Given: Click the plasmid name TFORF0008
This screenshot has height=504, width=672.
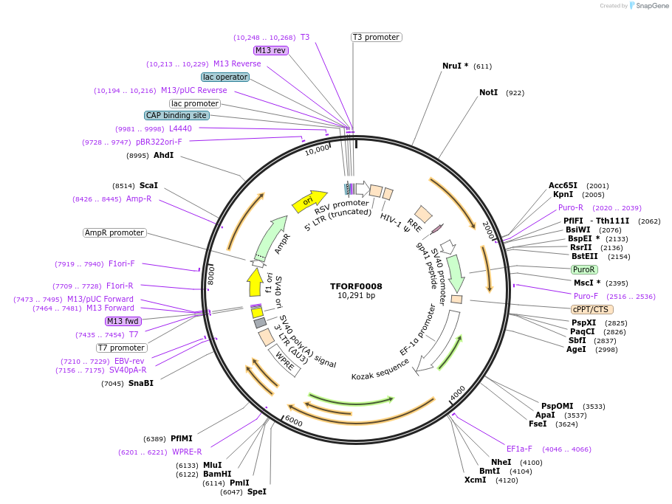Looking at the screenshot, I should [356, 286].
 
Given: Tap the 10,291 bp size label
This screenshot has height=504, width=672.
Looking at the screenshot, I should [356, 296].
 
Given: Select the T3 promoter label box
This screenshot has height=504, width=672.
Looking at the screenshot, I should [376, 37].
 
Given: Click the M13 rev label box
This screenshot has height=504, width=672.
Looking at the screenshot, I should [270, 50].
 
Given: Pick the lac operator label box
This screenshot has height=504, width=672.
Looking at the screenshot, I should [225, 77].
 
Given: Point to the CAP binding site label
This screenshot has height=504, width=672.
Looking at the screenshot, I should [176, 115].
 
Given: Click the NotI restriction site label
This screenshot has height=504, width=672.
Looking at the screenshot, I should [488, 93].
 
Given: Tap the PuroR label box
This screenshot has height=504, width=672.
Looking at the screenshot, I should [584, 270].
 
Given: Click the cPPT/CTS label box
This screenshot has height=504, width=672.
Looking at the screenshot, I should [592, 309].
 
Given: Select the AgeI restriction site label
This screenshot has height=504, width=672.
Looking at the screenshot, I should [576, 349].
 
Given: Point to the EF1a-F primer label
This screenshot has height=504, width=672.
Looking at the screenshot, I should [518, 449].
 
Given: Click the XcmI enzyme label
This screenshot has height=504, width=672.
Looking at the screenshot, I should [475, 480].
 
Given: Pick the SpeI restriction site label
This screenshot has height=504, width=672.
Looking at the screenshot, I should [256, 491].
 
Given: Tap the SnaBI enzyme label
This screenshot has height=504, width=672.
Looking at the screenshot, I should [141, 383].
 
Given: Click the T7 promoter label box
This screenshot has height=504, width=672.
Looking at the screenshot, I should [122, 348].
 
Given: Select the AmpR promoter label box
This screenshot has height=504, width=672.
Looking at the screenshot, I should [114, 232].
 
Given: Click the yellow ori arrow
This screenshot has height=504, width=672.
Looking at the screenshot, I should [309, 199].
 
